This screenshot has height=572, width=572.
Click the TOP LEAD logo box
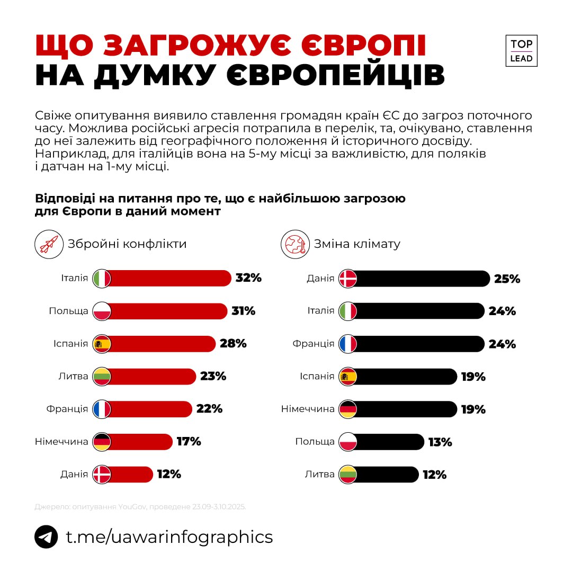[521, 51]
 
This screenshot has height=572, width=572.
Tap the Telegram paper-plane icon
[46, 537]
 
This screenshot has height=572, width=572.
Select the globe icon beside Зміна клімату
[295, 244]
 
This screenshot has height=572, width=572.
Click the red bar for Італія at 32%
[169, 279]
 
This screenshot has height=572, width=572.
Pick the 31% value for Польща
[243, 311]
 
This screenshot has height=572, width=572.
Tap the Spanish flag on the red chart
[102, 344]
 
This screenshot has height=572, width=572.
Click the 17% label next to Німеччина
[189, 442]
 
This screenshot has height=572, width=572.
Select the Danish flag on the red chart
[102, 475]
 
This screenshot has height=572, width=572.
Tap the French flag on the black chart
[348, 344]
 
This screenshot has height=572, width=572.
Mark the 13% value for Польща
[440, 442]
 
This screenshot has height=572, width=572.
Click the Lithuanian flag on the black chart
[348, 475]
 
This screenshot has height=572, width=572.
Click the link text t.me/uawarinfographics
[169, 537]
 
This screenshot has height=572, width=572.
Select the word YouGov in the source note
[133, 507]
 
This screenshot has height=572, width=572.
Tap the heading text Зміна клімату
[357, 244]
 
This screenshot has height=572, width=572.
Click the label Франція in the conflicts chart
[67, 409]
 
